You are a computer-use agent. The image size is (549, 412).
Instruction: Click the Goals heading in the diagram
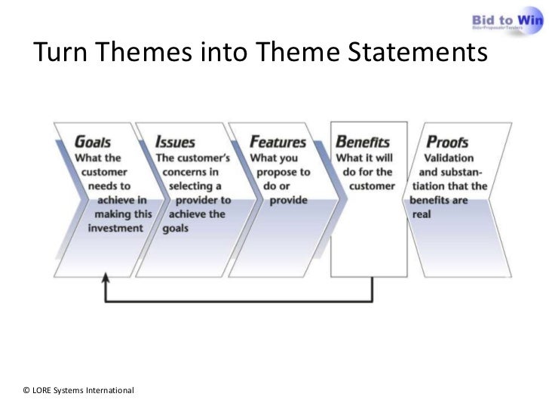[93, 142]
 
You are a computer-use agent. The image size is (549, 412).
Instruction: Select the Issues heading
[175, 142]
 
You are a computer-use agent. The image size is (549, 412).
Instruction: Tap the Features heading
[278, 142]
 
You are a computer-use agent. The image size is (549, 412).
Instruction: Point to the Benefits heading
[362, 142]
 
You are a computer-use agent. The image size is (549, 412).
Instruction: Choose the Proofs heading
[447, 142]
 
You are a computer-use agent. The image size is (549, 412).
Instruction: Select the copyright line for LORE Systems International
[78, 390]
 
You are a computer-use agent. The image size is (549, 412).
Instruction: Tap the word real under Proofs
[421, 214]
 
